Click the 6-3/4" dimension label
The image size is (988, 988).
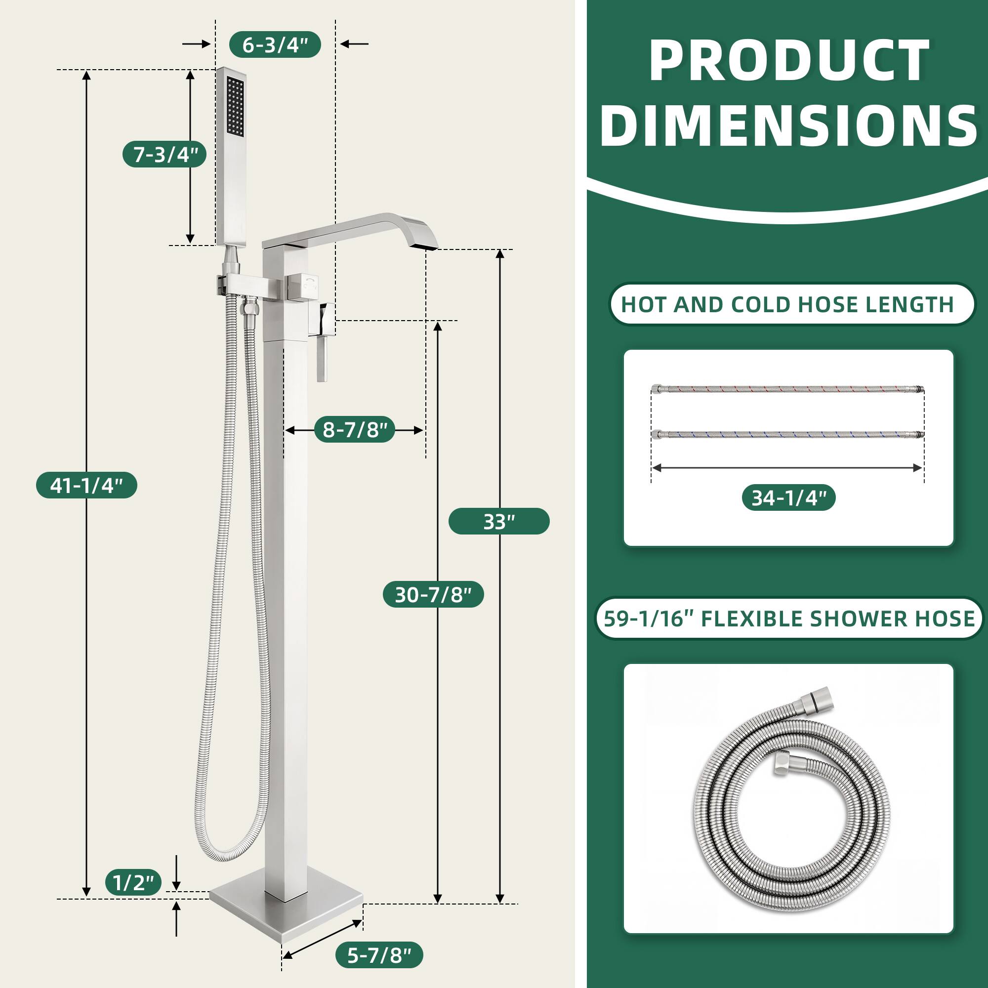point(275,45)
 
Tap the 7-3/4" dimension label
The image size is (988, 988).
point(164,154)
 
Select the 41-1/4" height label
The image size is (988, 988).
point(86,485)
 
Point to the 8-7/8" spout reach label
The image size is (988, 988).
point(354,430)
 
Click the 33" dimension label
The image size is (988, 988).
point(498,522)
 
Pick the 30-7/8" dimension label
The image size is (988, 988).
point(433,594)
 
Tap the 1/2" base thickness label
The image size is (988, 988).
point(133,883)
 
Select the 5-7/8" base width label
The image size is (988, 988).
point(379,955)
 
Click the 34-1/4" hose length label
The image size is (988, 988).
point(788,497)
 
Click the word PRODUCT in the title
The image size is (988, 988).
point(789,61)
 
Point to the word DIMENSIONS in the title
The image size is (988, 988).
point(789,125)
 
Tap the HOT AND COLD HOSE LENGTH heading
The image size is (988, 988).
point(787,305)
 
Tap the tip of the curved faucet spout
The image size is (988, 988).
point(427,247)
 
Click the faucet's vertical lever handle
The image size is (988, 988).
point(322,361)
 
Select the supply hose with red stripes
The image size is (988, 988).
point(787,390)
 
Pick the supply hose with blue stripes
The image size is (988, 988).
point(787,435)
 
